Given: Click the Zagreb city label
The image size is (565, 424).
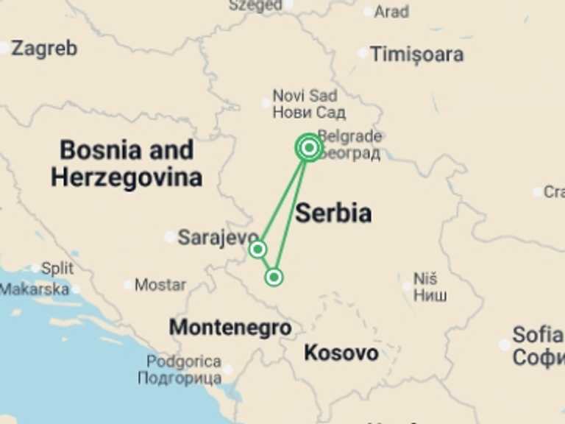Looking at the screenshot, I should [44, 49].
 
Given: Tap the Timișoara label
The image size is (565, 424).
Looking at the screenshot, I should [416, 54].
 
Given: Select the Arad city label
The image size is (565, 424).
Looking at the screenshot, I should [391, 11].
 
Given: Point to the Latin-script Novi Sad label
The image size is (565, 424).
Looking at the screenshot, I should [305, 96].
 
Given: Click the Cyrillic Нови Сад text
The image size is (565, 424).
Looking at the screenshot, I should [308, 113].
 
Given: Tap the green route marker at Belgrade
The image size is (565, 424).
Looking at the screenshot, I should [309, 148].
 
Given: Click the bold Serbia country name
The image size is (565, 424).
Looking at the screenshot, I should [333, 213].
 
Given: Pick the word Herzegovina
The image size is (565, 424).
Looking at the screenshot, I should [126, 177].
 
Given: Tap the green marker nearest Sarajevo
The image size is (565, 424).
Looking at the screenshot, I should [257, 249].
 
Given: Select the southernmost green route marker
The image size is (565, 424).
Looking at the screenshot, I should [274, 277].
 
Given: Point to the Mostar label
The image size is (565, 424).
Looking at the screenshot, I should [160, 284].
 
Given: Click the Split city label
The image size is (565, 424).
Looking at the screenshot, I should [57, 268].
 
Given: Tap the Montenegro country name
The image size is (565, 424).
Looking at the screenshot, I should [230, 327].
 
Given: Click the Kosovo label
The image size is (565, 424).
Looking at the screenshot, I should [341, 353].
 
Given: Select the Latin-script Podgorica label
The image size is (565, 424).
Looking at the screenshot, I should [183, 361].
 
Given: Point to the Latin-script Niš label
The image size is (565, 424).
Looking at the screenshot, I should [424, 279].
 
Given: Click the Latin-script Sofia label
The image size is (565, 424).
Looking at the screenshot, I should [537, 334].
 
